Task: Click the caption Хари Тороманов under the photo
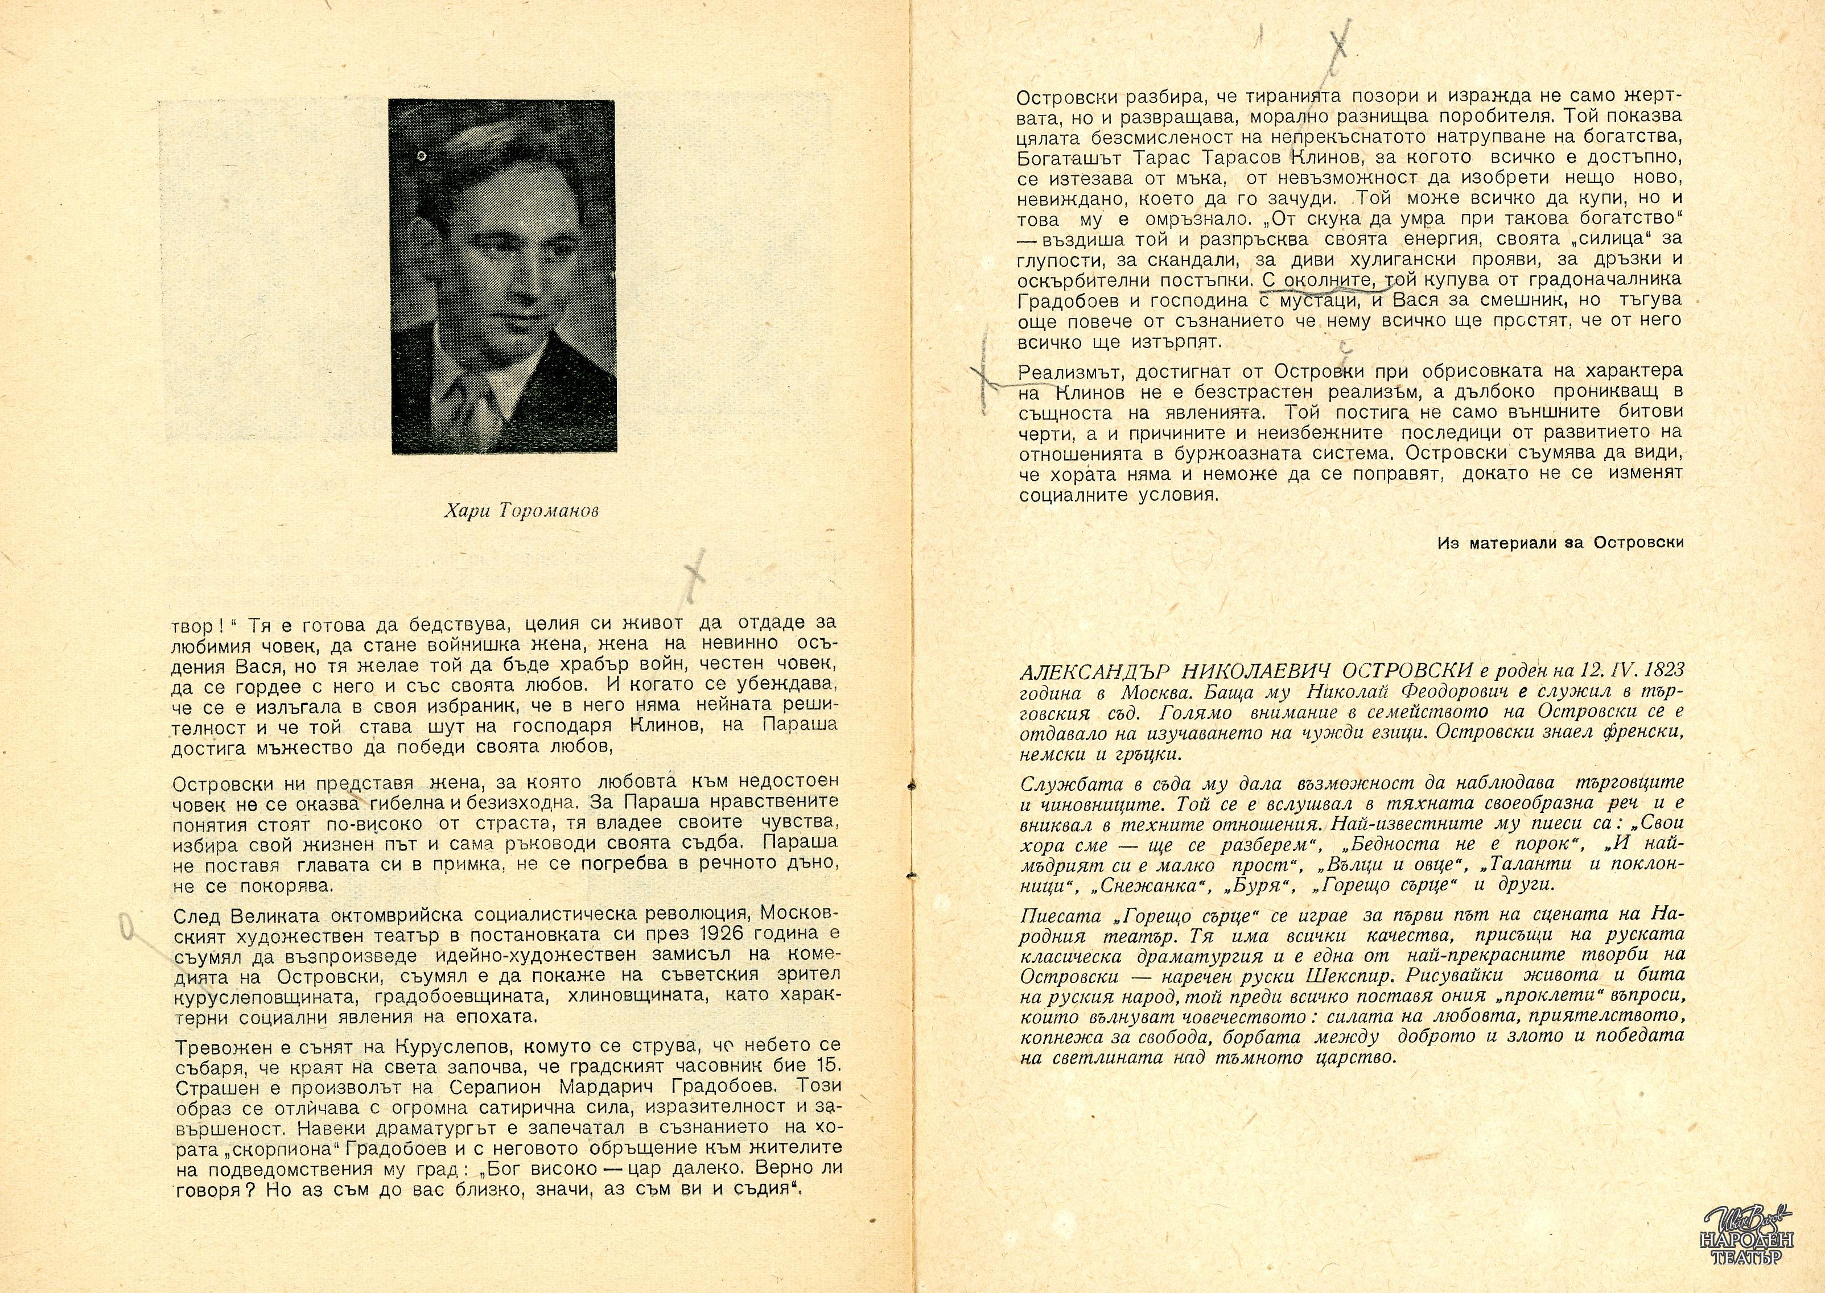coord(521,512)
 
